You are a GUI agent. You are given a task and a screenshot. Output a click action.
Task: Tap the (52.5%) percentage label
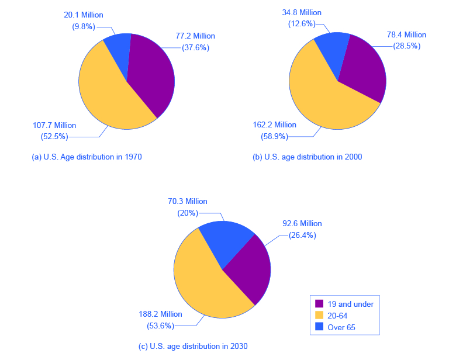(51, 137)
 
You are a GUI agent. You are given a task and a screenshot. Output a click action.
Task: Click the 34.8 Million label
(301, 12)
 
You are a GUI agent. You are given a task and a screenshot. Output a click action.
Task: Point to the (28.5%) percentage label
(403, 46)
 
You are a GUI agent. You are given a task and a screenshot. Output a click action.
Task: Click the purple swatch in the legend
(319, 304)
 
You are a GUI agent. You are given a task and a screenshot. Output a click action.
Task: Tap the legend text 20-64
(338, 316)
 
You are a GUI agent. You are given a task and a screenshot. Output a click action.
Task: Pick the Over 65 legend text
(341, 328)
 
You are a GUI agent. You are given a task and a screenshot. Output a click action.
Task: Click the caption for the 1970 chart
(87, 157)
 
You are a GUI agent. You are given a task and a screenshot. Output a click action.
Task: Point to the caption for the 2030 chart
(193, 346)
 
